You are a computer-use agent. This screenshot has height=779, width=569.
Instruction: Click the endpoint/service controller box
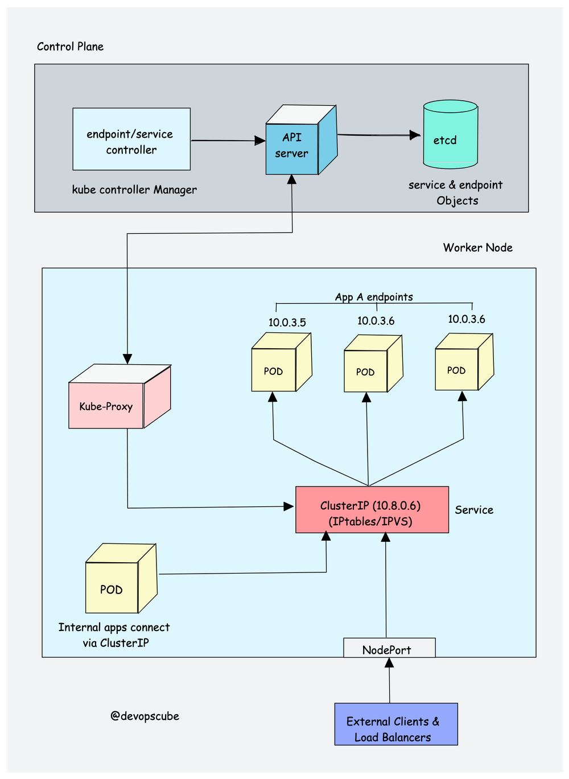pyautogui.click(x=131, y=139)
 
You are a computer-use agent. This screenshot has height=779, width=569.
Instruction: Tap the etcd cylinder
pyautogui.click(x=450, y=137)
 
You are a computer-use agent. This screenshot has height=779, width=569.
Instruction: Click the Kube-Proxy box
pyautogui.click(x=107, y=405)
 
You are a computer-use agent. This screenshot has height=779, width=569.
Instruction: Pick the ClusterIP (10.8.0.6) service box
pyautogui.click(x=372, y=510)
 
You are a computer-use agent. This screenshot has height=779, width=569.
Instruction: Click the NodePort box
pyautogui.click(x=389, y=648)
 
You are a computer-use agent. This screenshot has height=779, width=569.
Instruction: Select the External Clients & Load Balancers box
pyautogui.click(x=396, y=724)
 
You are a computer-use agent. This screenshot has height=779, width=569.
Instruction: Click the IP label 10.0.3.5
pyautogui.click(x=287, y=323)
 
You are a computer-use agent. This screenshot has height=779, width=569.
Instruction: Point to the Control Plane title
pyautogui.click(x=70, y=47)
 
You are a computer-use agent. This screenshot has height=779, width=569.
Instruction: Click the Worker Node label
pyautogui.click(x=477, y=248)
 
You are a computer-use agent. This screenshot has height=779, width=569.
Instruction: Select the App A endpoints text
pyautogui.click(x=374, y=297)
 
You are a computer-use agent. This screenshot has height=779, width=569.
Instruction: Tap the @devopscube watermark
pyautogui.click(x=145, y=716)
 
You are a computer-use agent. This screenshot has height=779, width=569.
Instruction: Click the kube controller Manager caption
pyautogui.click(x=134, y=190)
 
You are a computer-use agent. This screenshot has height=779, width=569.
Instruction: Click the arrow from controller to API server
pyautogui.click(x=228, y=140)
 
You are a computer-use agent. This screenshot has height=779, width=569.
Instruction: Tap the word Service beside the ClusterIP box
pyautogui.click(x=474, y=510)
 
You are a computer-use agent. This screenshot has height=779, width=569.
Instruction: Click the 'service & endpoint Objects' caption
pyautogui.click(x=456, y=192)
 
